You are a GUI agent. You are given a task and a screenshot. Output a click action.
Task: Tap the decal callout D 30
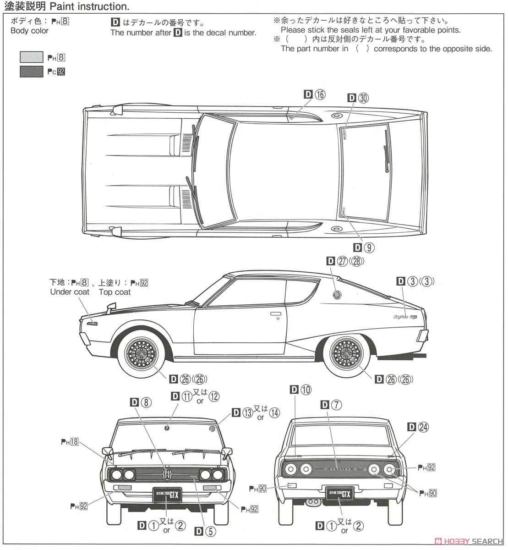[x=358, y=98]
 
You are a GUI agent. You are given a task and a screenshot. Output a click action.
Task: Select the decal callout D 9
[x=364, y=247]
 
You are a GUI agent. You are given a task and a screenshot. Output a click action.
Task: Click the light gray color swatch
[x=31, y=57]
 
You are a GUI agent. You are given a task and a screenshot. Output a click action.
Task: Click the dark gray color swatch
[x=31, y=71]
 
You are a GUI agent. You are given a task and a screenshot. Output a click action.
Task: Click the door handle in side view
[x=275, y=314]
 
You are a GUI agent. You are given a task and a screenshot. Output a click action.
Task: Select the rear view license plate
[x=339, y=494]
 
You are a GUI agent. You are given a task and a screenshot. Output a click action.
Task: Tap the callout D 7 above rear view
[x=331, y=404]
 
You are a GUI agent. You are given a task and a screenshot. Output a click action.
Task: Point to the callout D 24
[x=418, y=427]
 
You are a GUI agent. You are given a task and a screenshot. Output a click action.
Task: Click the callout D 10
[x=300, y=390]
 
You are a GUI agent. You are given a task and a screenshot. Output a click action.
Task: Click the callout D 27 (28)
[x=345, y=261]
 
